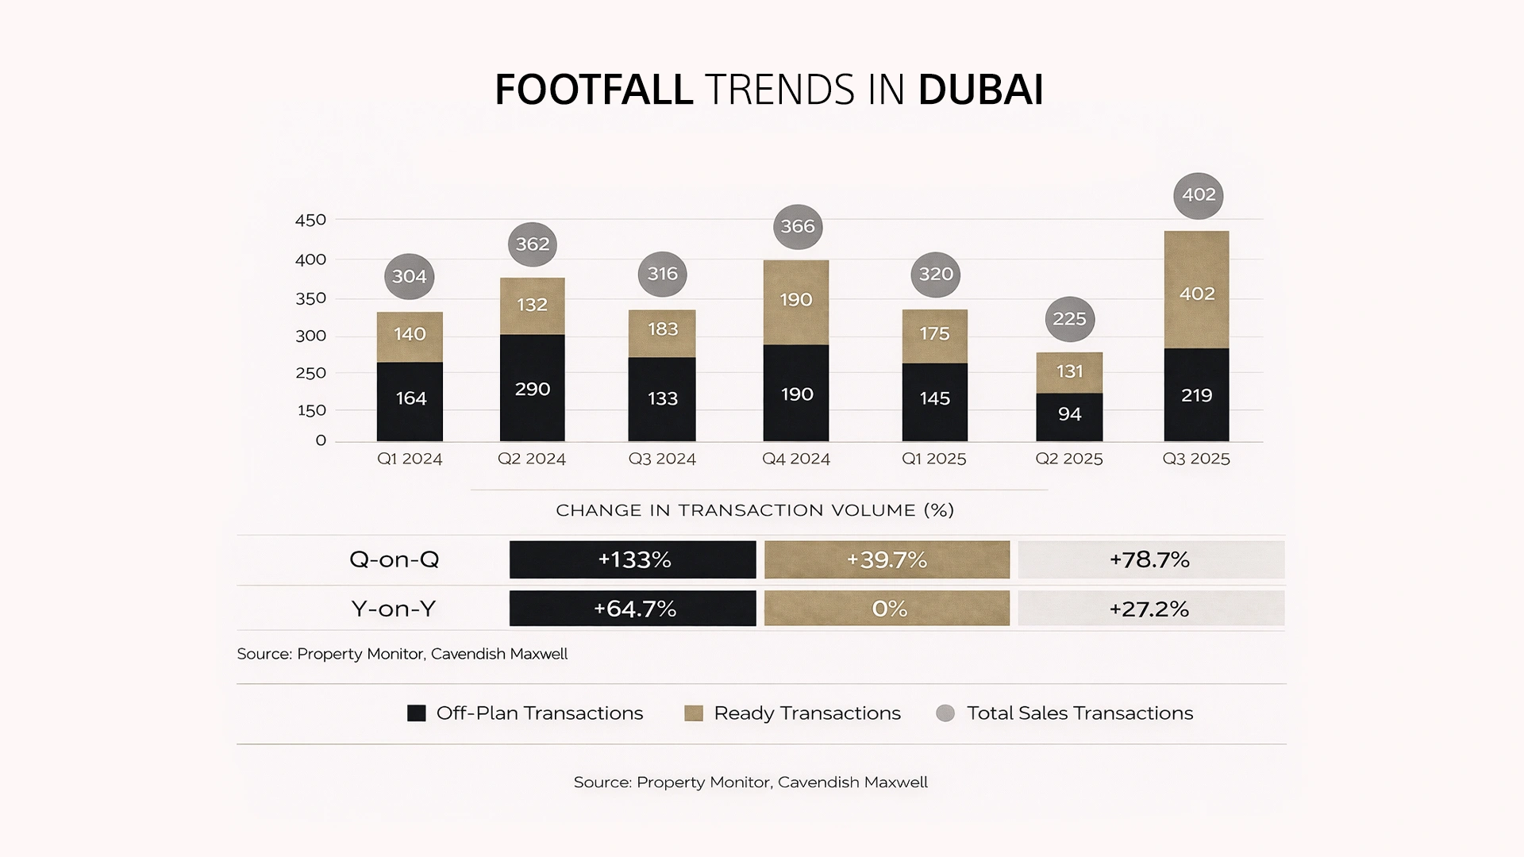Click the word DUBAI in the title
click(x=980, y=89)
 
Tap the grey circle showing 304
click(x=410, y=276)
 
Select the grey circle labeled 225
click(x=1069, y=319)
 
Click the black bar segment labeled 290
click(x=532, y=388)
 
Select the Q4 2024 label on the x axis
click(x=796, y=459)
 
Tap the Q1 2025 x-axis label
click(x=933, y=459)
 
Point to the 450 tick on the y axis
click(x=310, y=220)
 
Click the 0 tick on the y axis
click(x=321, y=440)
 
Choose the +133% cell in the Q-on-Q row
click(x=633, y=559)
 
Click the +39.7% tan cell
click(x=887, y=559)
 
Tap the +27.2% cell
click(x=1150, y=609)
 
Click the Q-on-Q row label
click(x=394, y=559)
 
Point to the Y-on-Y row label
click(x=394, y=609)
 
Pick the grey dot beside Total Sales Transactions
click(x=945, y=713)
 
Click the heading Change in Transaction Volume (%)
click(x=755, y=510)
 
